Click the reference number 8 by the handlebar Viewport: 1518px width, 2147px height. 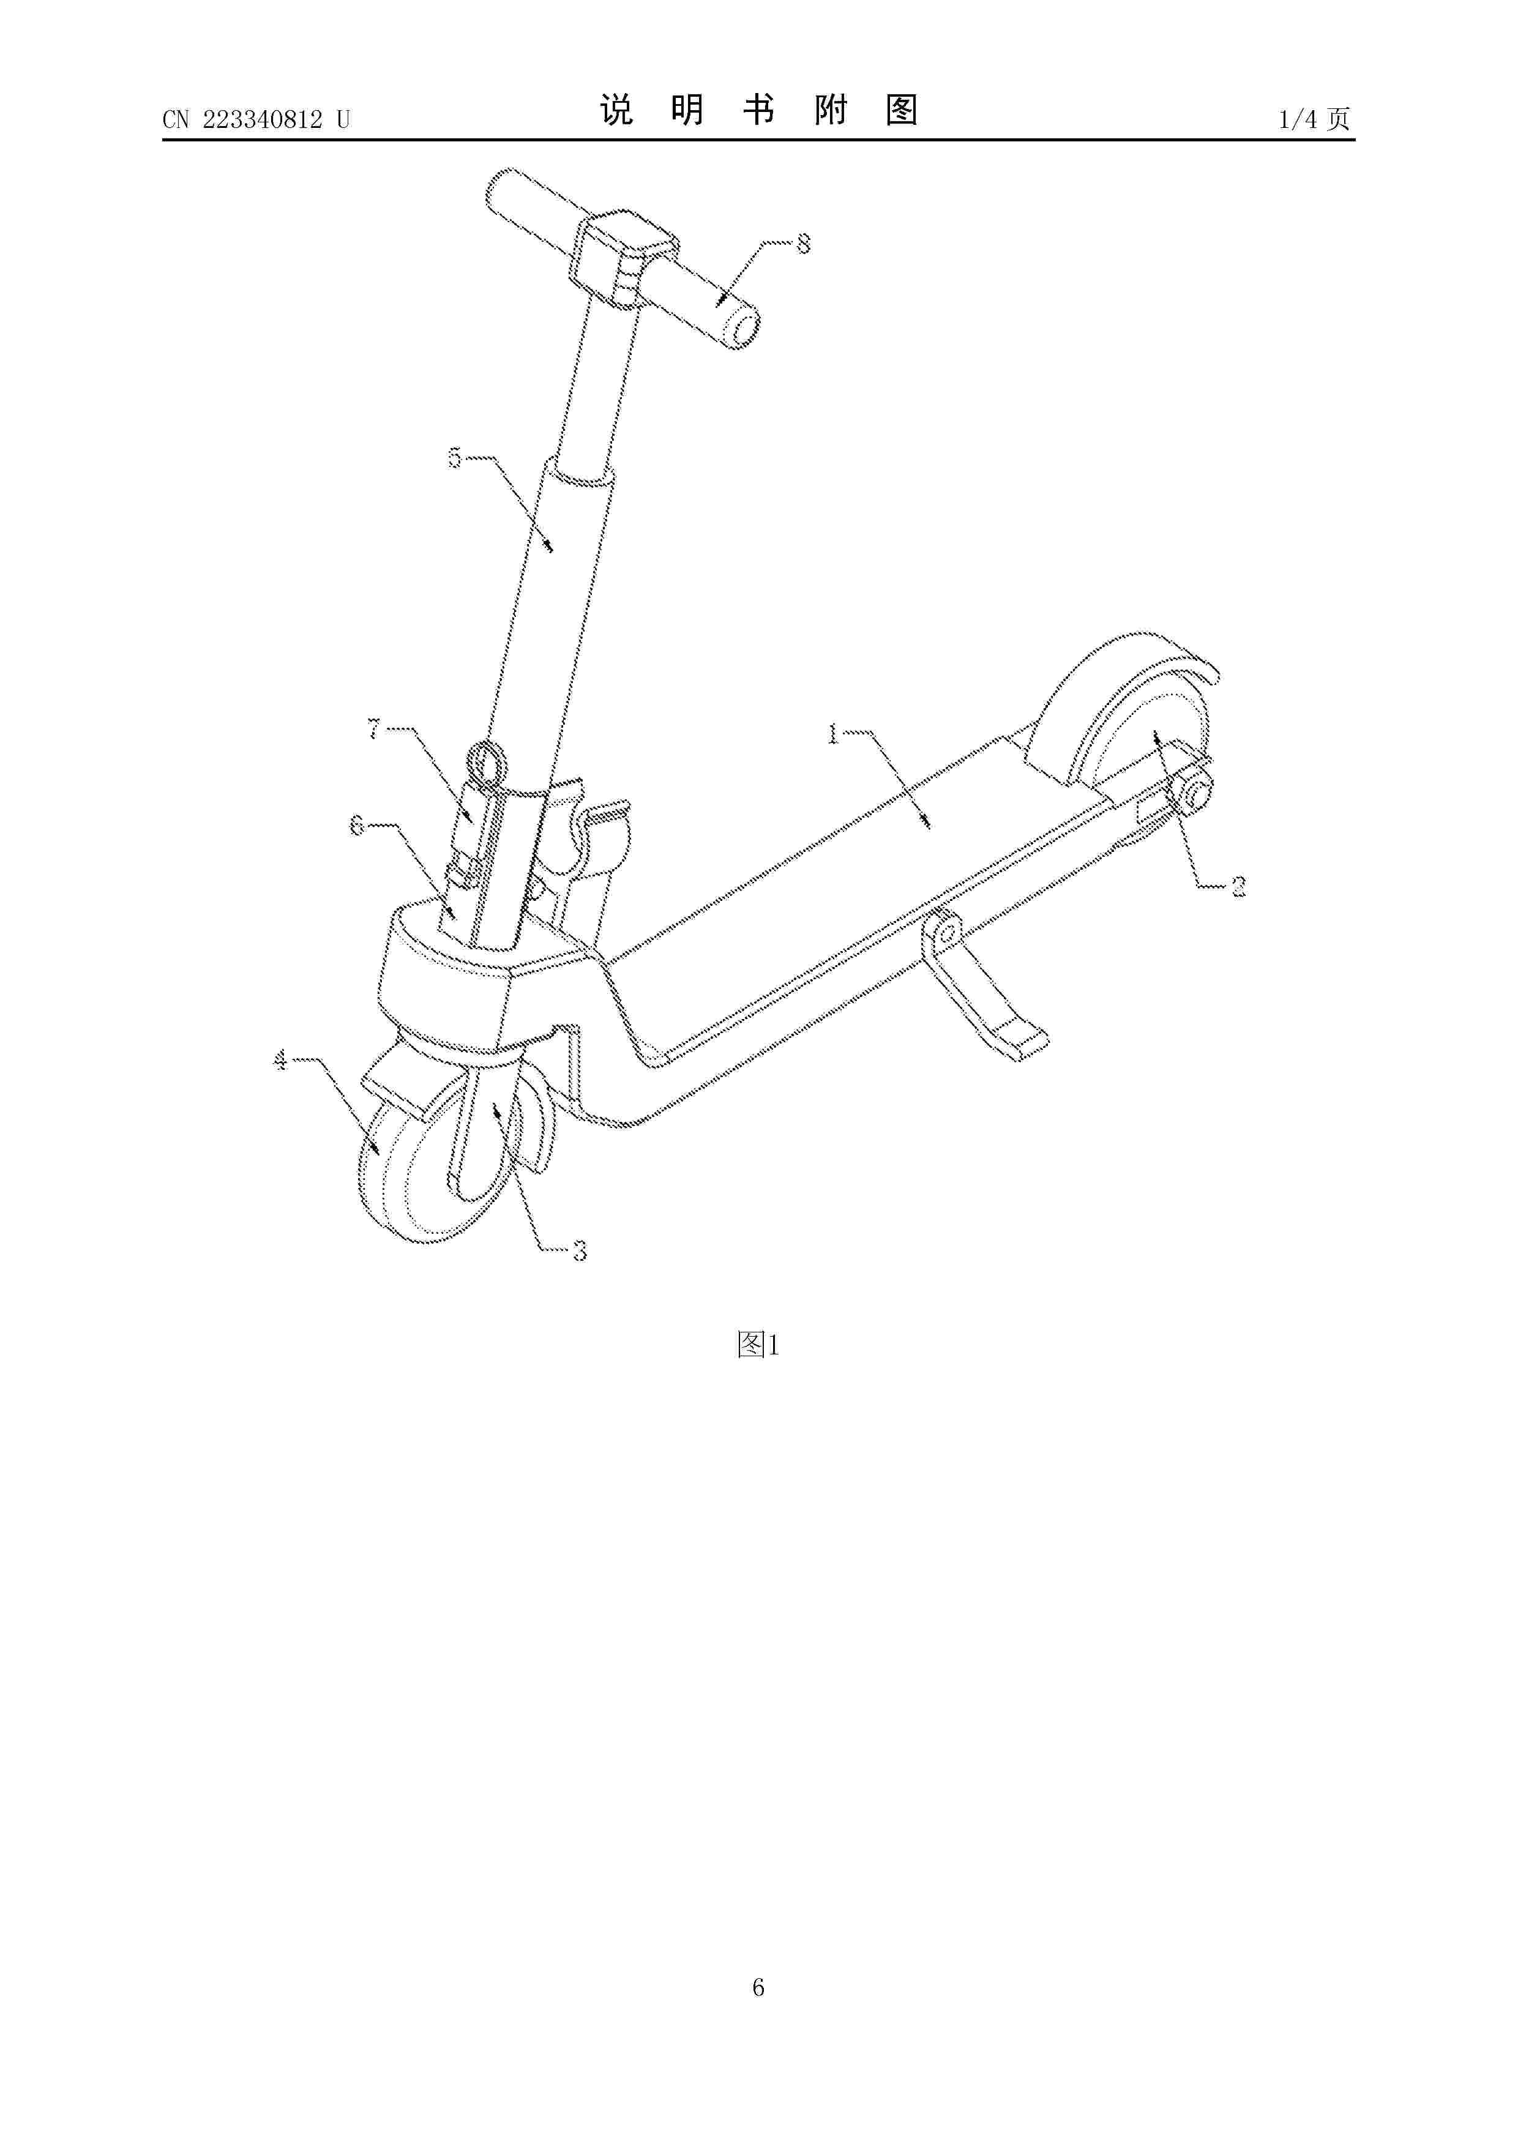802,244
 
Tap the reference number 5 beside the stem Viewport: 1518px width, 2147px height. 455,458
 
